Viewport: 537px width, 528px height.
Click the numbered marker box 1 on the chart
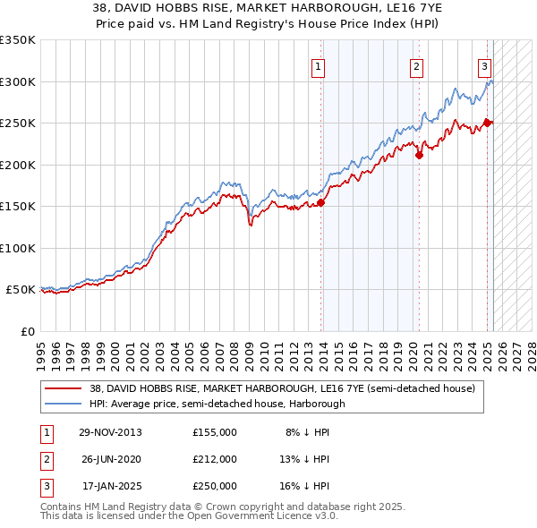pos(319,65)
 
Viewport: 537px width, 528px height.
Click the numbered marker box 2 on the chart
pos(417,65)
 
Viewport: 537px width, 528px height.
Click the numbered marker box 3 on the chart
pos(484,65)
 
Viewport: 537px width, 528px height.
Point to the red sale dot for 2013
pos(321,202)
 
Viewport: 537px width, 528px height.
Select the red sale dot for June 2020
pos(419,155)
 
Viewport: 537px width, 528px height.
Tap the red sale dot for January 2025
pos(488,123)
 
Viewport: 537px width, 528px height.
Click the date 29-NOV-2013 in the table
pos(110,432)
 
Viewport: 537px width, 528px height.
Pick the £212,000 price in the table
pos(215,459)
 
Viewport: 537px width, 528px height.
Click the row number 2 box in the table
pos(46,459)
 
